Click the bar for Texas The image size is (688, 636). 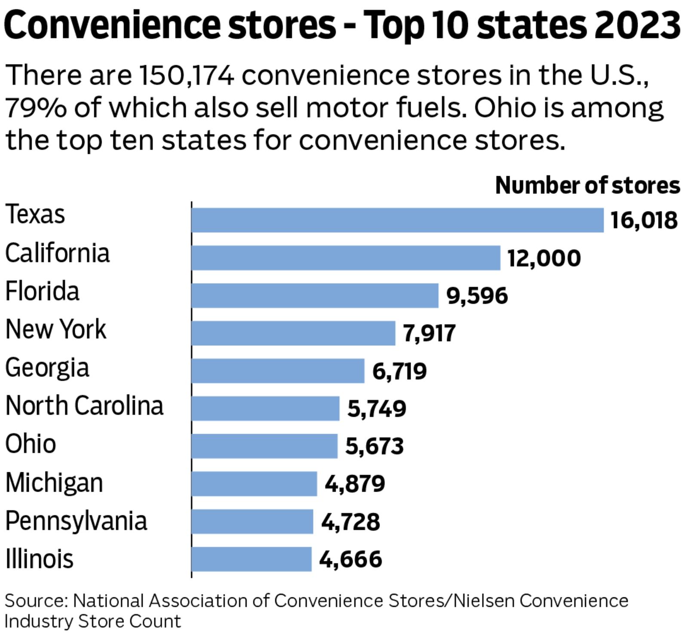tap(397, 220)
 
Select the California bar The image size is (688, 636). tap(346, 258)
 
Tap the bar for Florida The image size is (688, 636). tap(315, 296)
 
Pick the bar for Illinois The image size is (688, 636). tap(251, 559)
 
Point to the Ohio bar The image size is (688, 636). tap(264, 446)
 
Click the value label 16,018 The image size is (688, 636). tap(644, 220)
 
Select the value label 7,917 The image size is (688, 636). tap(429, 333)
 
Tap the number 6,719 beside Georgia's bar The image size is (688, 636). tap(399, 371)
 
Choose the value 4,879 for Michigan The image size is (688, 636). tap(355, 484)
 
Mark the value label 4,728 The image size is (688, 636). tap(350, 522)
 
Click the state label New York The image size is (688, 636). tap(55, 330)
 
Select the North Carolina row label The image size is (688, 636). tap(84, 406)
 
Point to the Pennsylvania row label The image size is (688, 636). tap(76, 521)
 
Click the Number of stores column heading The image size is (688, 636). tap(587, 186)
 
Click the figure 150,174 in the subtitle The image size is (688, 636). tap(187, 75)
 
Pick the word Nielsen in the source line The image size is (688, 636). tap(484, 601)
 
